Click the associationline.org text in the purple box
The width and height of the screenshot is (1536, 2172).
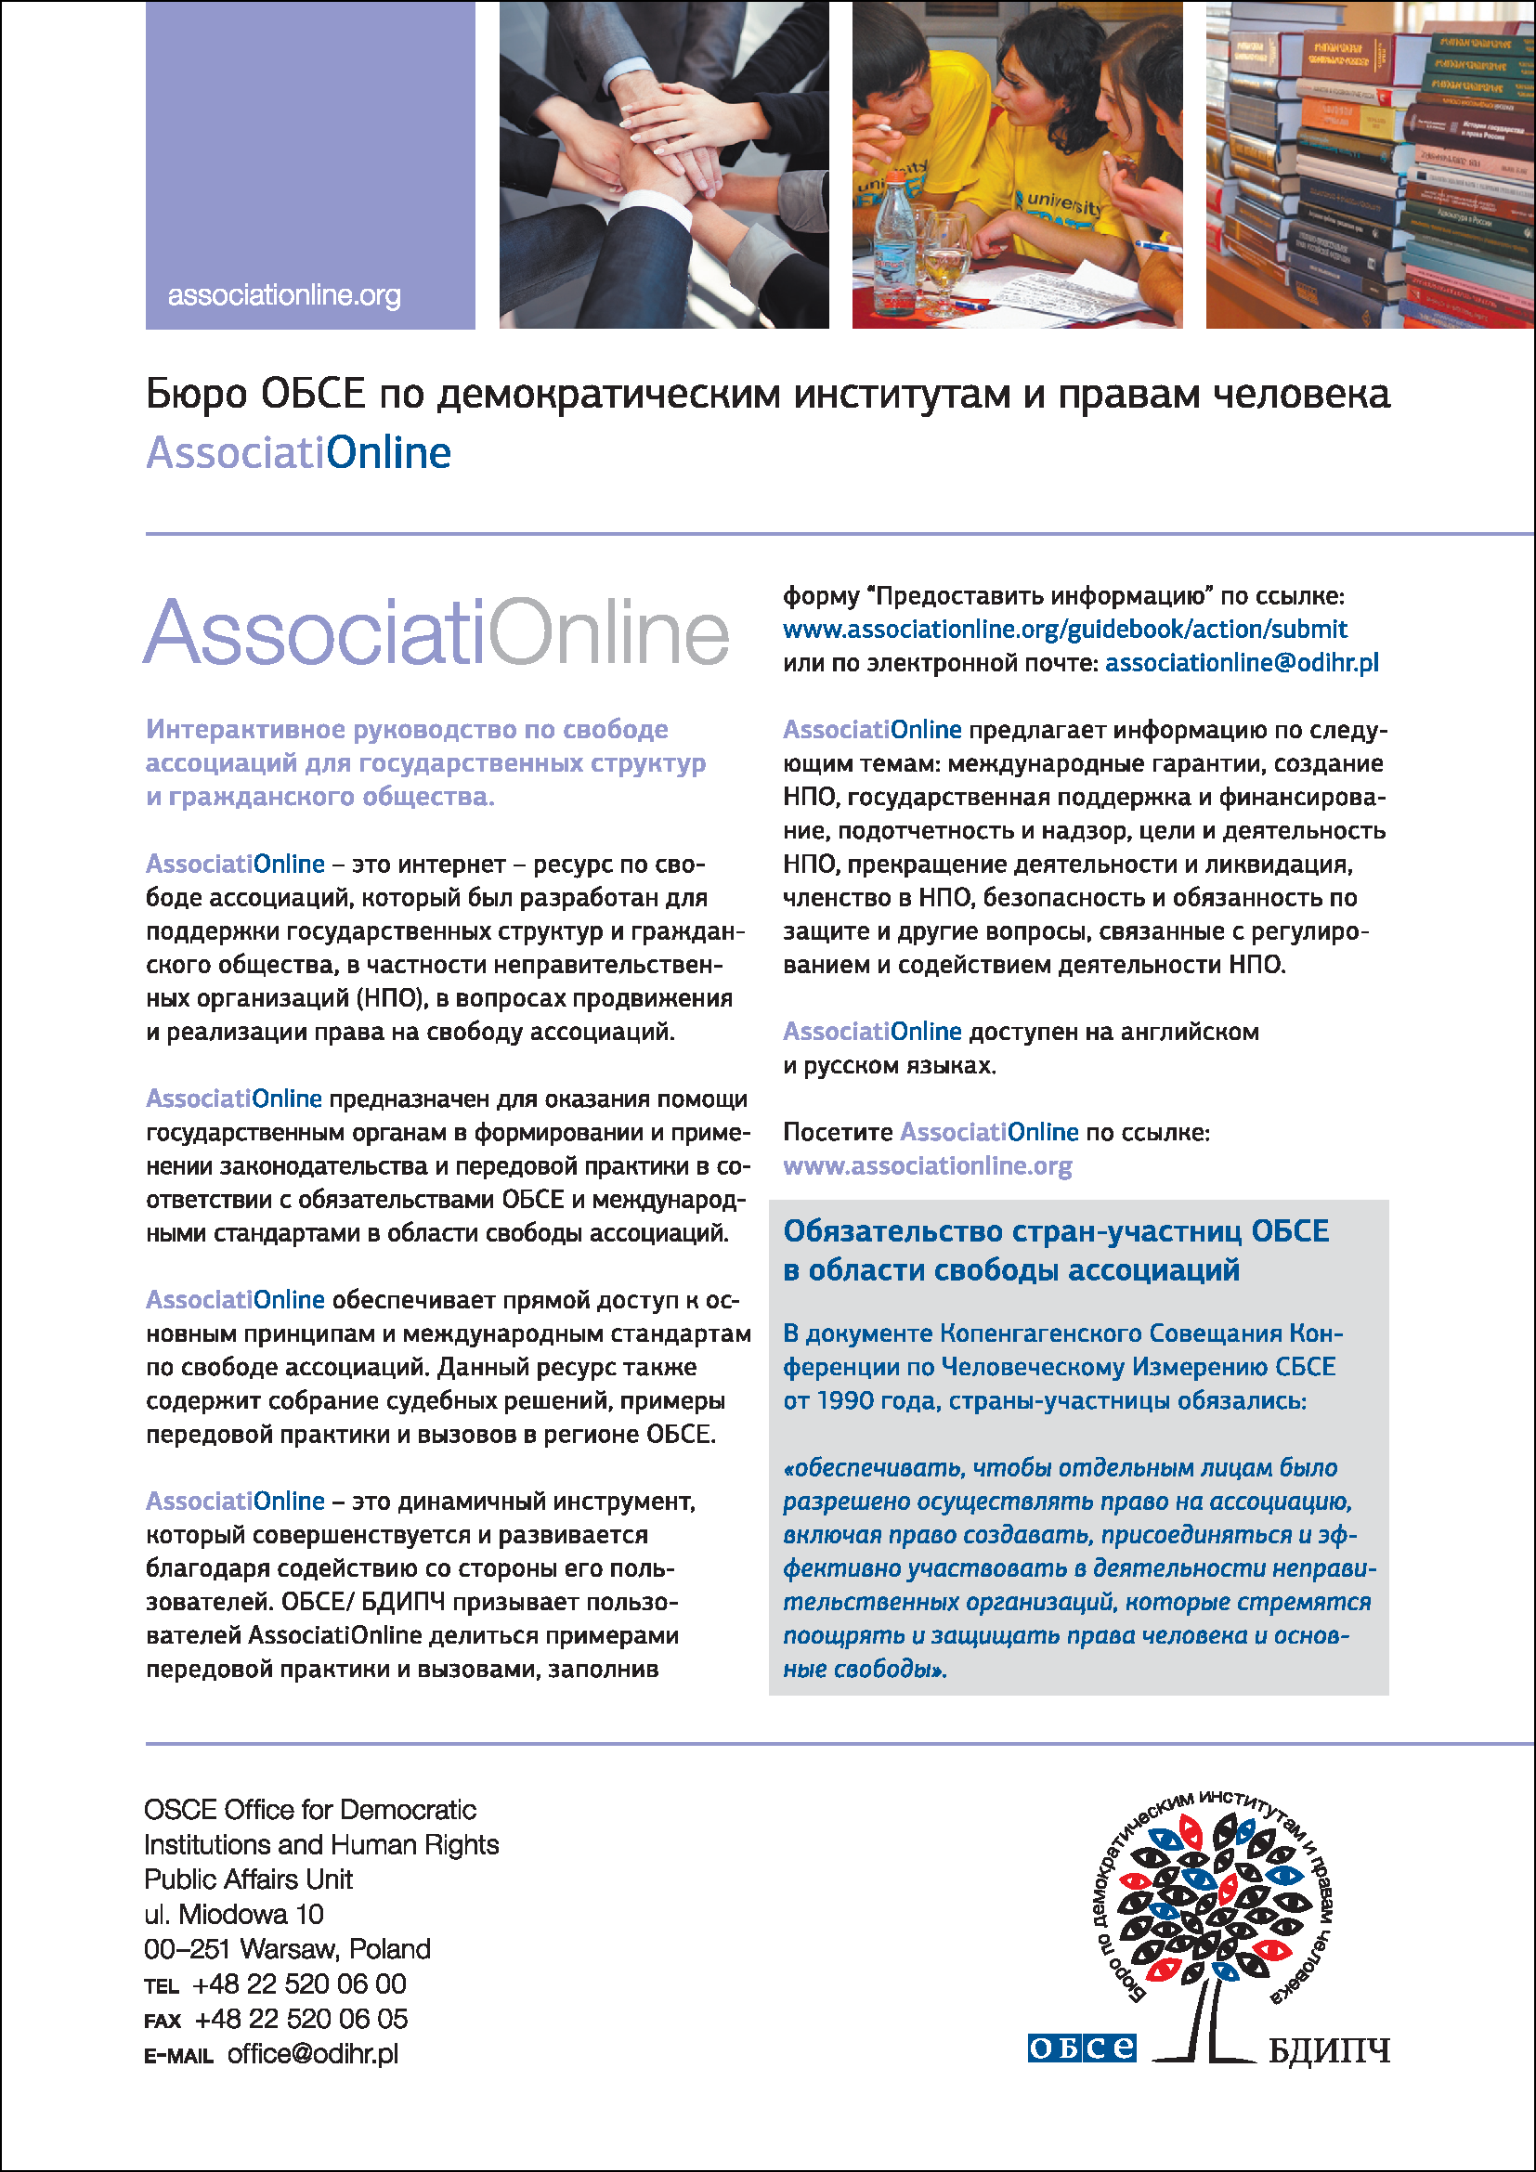284,296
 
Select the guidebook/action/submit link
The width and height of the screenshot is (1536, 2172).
1064,629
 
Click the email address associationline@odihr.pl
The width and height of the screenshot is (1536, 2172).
1241,663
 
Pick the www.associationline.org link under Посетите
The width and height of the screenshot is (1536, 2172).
927,1166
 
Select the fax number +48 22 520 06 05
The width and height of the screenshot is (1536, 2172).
301,2020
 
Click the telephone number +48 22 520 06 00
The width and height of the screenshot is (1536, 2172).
299,1983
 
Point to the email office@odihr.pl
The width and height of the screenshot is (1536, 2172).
312,2054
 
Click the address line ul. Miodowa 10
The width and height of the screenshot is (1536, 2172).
234,1915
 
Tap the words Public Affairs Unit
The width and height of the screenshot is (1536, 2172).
248,1879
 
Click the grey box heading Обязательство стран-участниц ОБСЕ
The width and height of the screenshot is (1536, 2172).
1056,1231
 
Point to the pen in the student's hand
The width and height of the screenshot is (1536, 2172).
1158,247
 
